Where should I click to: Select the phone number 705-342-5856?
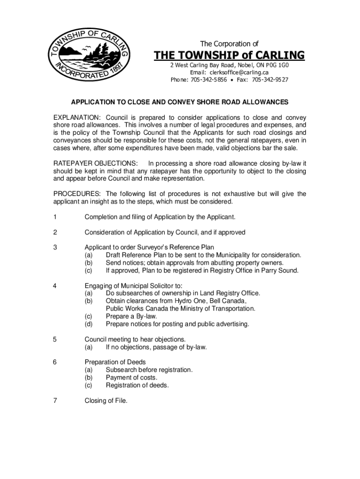[x=209, y=80]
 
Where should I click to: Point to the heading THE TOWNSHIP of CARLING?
[x=229, y=55]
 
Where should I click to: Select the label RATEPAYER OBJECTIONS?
[x=95, y=163]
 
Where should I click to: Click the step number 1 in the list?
[x=55, y=217]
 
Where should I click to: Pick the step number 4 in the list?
[x=55, y=286]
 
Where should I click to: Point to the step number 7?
[x=55, y=400]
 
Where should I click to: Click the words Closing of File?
[x=106, y=400]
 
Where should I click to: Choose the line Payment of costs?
[x=131, y=377]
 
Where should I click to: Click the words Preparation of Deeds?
[x=115, y=362]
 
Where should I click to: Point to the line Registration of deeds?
[x=137, y=385]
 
